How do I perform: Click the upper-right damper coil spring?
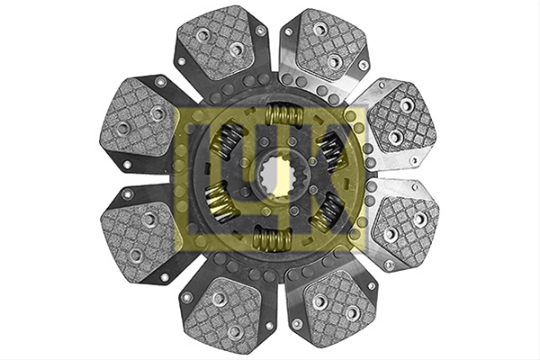331,151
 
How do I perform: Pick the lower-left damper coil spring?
220,203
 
